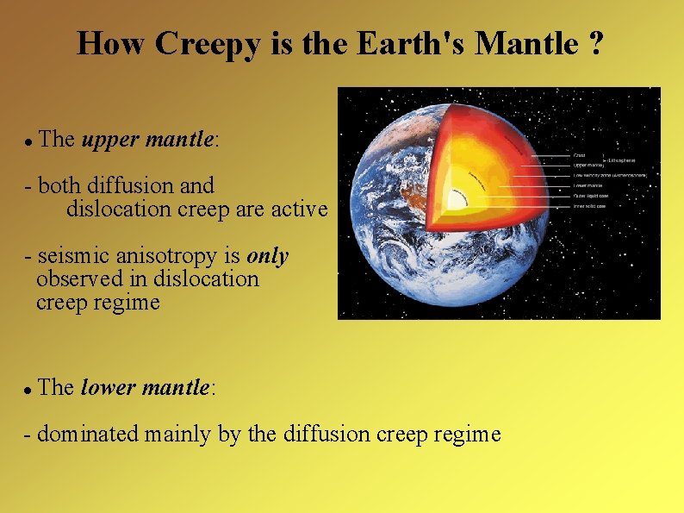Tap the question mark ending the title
tap(595, 43)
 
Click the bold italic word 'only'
tap(268, 256)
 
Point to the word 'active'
tap(298, 209)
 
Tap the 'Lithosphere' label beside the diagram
tap(623, 160)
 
